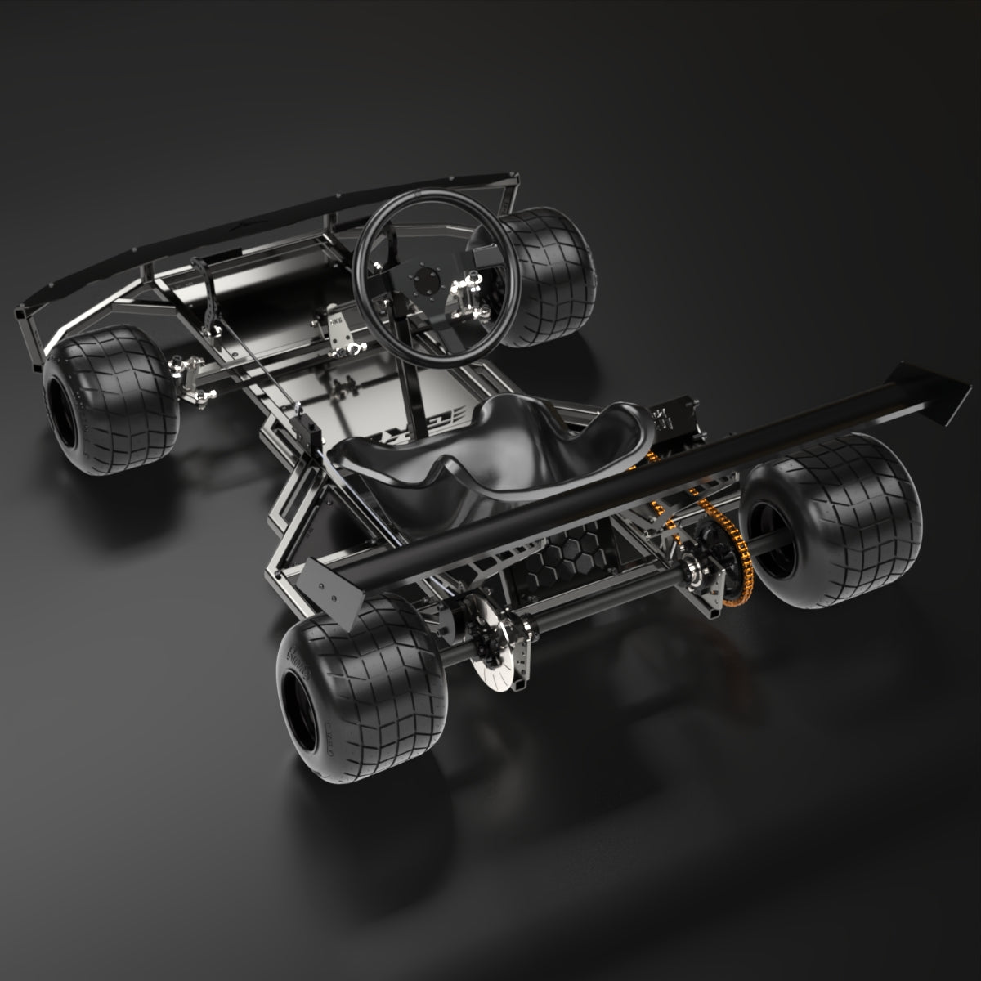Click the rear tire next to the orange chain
[x=842, y=523]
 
